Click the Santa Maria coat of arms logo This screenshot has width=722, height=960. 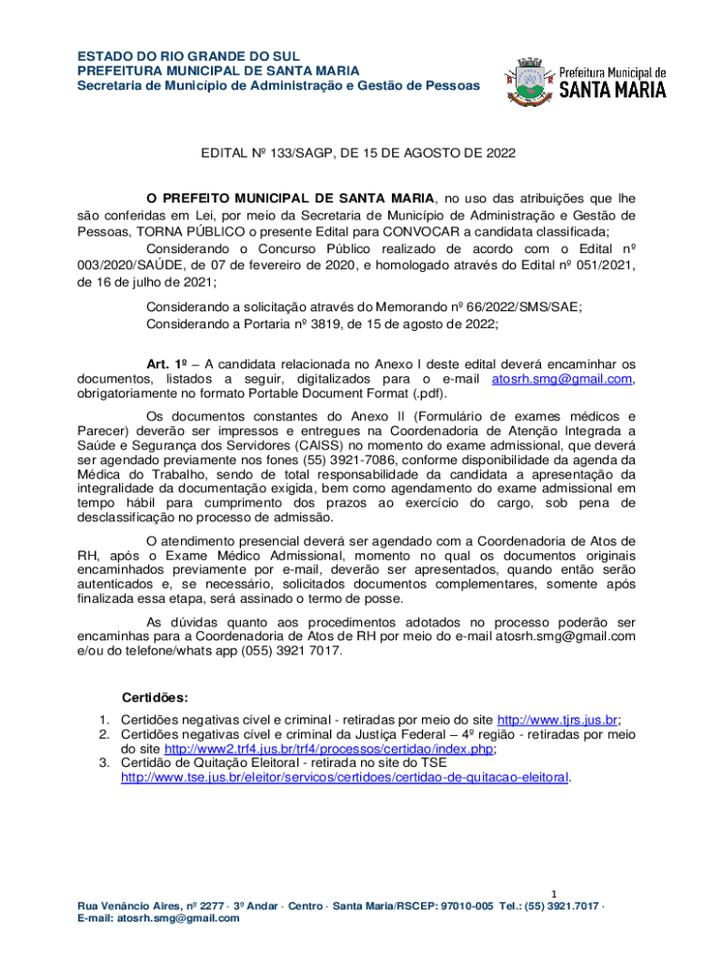[526, 79]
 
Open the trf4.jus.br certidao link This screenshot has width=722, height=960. [329, 749]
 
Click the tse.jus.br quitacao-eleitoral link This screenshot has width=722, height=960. [345, 777]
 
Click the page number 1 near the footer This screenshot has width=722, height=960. [554, 893]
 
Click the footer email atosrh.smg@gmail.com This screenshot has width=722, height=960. [178, 919]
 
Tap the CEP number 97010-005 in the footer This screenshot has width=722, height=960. [467, 907]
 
